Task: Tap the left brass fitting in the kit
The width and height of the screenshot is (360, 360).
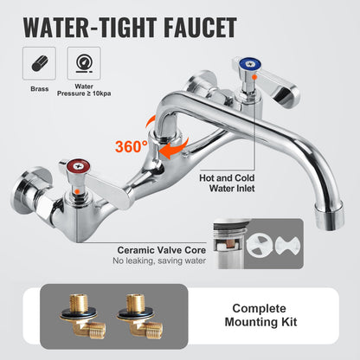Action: [87, 314]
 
